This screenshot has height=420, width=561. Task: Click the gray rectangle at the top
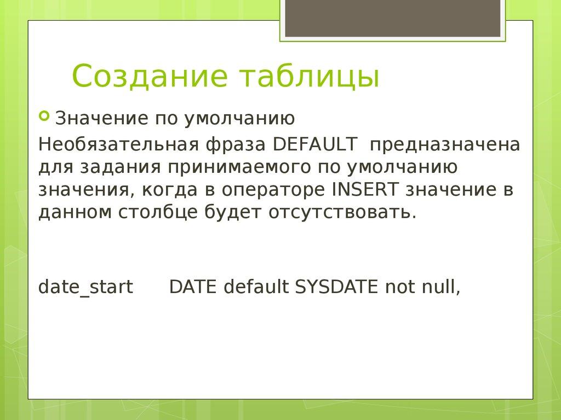point(392,19)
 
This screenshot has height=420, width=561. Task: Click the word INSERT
point(364,189)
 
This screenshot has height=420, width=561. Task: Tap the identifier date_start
point(85,287)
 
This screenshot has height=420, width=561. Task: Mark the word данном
point(75,212)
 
